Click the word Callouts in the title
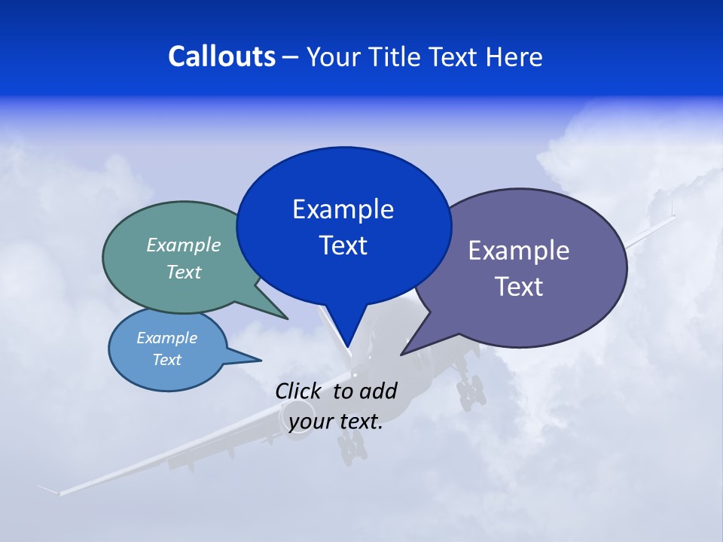tap(222, 56)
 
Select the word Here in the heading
tap(514, 56)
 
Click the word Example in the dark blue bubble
tap(343, 209)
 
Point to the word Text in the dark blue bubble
tap(343, 245)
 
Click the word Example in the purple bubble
tap(518, 251)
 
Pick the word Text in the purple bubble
tap(518, 287)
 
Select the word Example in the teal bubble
tap(184, 245)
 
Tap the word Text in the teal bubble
tap(184, 273)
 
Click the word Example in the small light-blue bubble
tap(167, 338)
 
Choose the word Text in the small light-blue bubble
tap(167, 360)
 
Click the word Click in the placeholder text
tap(299, 391)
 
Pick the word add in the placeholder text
tap(378, 391)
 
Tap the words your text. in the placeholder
tap(336, 422)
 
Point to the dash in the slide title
tap(291, 57)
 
